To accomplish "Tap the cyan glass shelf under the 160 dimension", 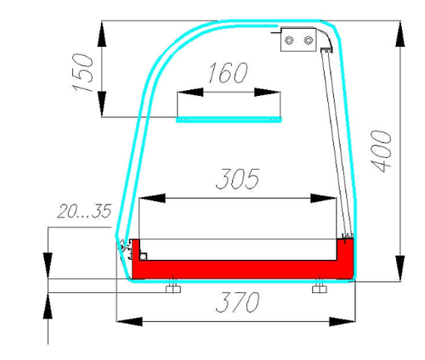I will tap(229, 120).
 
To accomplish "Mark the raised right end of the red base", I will tap(346, 255).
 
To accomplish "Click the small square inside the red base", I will tap(144, 256).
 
